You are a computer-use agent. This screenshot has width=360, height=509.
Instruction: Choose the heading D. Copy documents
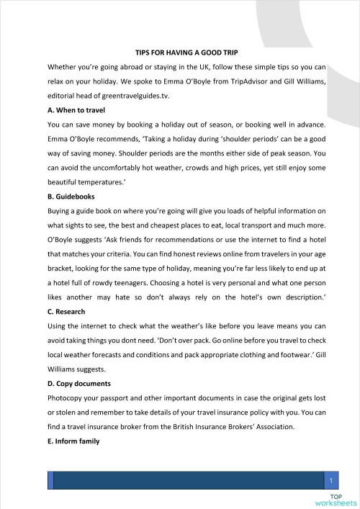click(79, 384)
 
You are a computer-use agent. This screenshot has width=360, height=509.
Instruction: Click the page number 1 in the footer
click(330, 479)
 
